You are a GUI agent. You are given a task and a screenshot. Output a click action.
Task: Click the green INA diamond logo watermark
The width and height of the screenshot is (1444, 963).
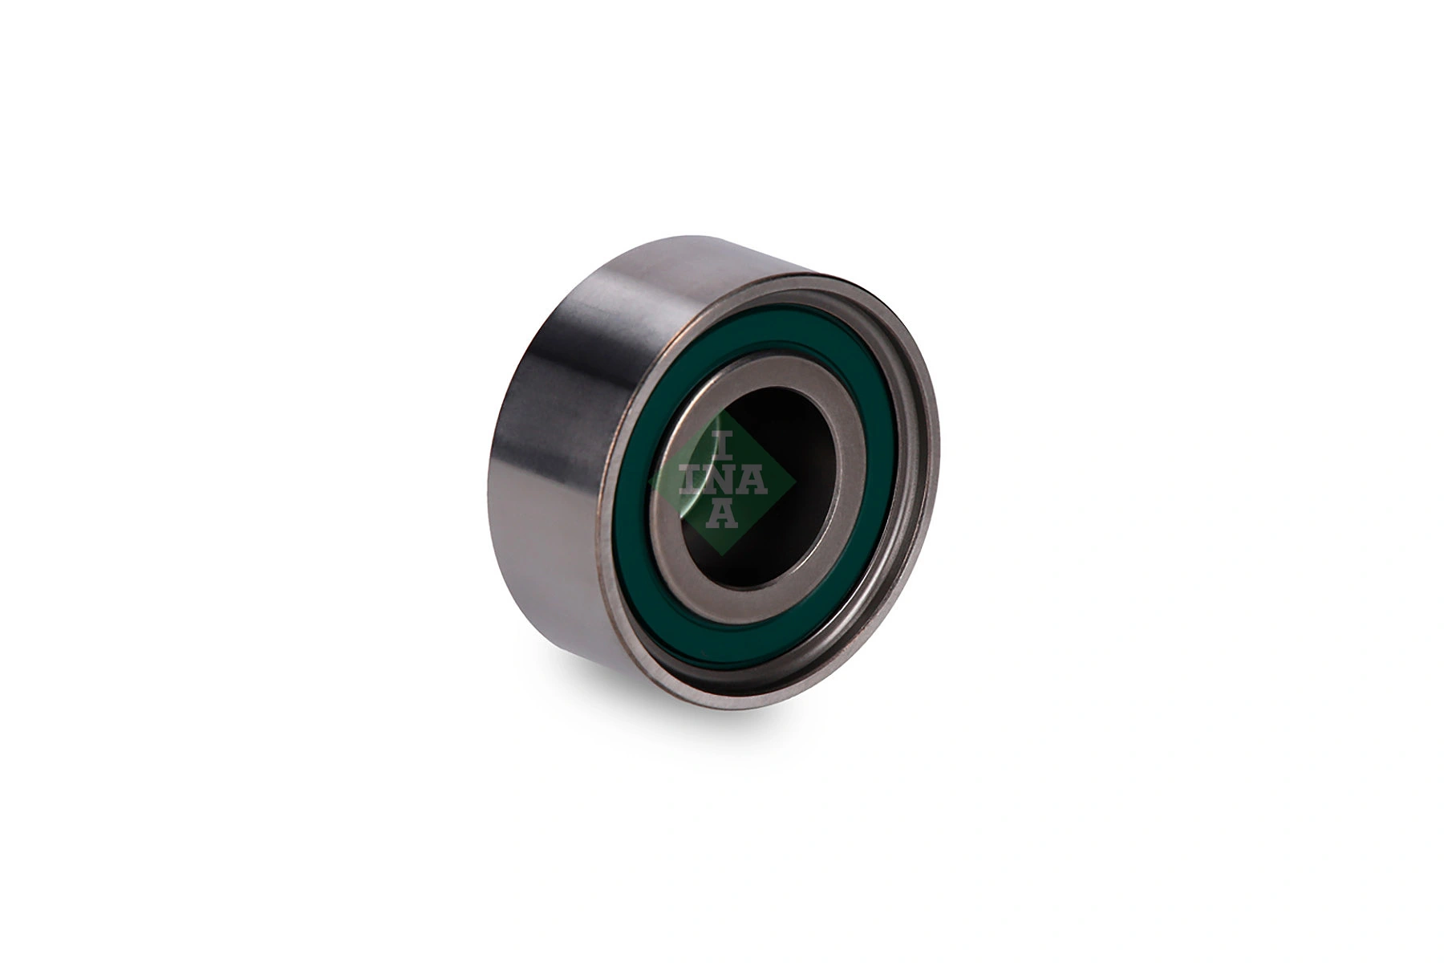(x=722, y=481)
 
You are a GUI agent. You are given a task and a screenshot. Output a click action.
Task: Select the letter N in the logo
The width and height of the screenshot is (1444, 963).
(x=722, y=481)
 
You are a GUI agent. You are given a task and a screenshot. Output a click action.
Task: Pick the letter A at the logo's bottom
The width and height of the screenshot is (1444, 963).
(x=722, y=514)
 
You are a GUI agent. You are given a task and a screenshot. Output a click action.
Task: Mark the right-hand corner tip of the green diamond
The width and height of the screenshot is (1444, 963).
(x=795, y=481)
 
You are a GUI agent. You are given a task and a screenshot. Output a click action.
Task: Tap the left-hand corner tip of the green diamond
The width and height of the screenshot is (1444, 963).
(x=649, y=481)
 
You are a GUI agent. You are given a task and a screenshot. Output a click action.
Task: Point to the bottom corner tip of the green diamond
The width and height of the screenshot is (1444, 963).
(x=722, y=555)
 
